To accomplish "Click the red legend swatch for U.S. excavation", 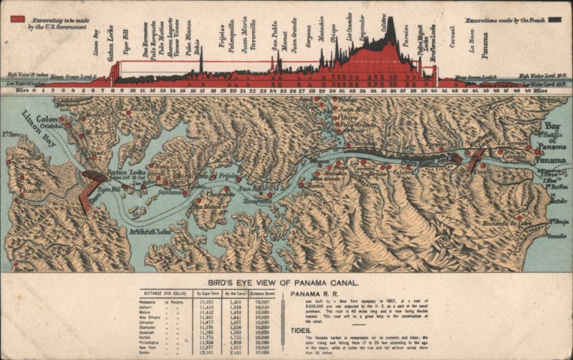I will [19, 19].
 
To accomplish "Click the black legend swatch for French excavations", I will [553, 19].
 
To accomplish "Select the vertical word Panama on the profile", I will [485, 45].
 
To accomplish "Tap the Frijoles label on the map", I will [228, 175].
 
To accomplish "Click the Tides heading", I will [301, 331].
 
